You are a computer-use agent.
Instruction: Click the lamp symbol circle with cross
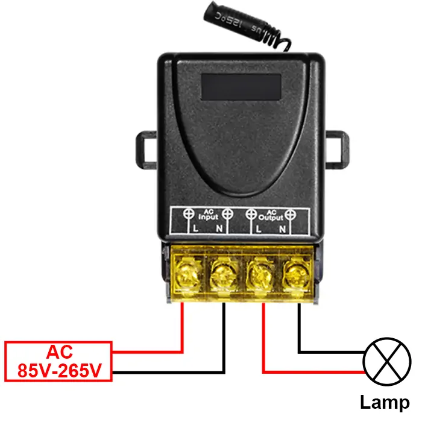[386, 362]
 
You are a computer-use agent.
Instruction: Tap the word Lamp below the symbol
[385, 402]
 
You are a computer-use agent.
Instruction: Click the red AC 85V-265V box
[58, 361]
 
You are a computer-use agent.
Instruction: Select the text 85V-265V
[58, 370]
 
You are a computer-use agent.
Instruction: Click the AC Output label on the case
[271, 215]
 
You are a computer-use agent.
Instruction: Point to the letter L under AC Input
[195, 230]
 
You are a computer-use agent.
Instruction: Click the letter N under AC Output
[282, 230]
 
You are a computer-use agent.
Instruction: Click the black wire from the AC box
[169, 372]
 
